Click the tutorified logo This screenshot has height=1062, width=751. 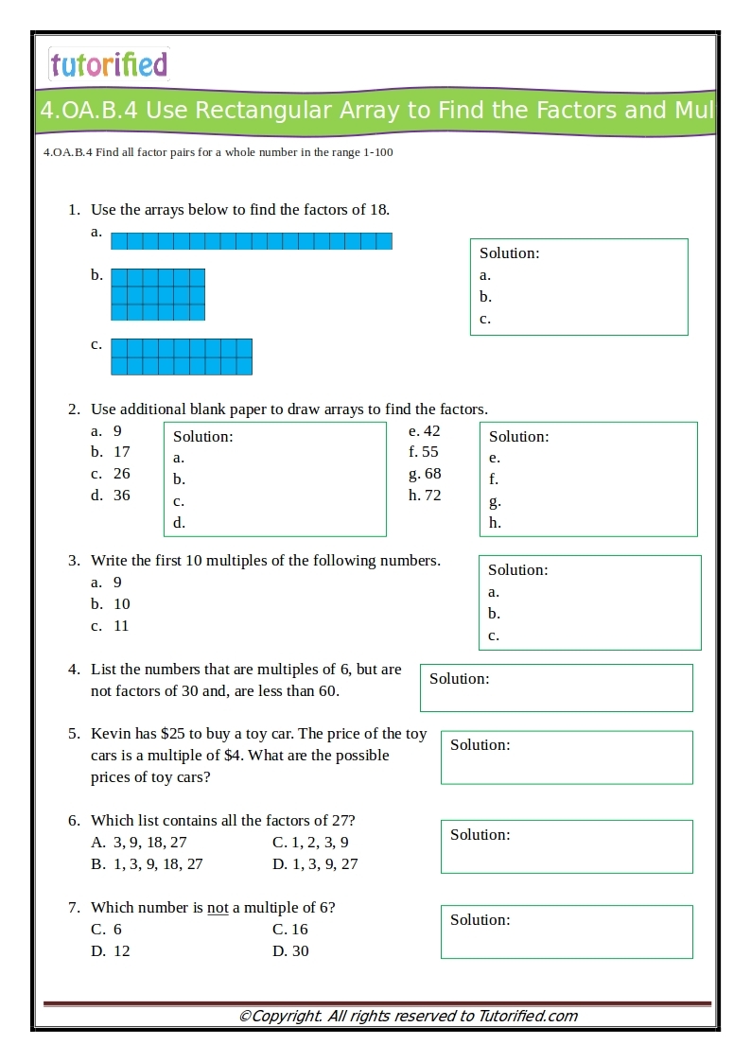point(109,64)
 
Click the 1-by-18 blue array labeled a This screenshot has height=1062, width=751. point(251,241)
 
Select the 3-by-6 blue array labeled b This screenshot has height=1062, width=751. point(158,294)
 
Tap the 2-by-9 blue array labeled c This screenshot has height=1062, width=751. point(182,357)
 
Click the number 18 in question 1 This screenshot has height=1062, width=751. point(377,210)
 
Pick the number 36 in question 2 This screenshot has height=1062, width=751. point(122,496)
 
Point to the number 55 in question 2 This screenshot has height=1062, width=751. point(430,452)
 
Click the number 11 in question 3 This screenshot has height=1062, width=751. point(121,626)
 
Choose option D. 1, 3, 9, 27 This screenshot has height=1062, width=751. point(315,864)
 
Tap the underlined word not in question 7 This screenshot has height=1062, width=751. point(218,908)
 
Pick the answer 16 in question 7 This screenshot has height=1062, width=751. point(300,930)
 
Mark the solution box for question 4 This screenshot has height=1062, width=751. point(556,688)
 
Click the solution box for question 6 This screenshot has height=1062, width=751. point(567,846)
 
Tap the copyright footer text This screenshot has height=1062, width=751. point(408,1017)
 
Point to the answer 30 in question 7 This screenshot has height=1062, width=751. point(300,951)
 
